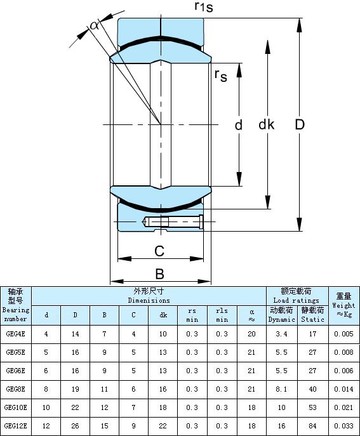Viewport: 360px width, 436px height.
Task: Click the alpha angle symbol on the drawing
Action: [95, 25]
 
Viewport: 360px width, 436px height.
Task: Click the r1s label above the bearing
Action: [204, 7]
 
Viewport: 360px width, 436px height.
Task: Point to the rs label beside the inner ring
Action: [220, 76]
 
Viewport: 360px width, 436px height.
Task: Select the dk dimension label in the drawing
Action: [267, 124]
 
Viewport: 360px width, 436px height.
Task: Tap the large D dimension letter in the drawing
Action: [300, 124]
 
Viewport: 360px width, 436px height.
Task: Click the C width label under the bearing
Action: [159, 251]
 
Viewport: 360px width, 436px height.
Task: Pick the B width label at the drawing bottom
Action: [160, 274]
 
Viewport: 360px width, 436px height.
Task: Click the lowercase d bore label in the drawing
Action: [239, 125]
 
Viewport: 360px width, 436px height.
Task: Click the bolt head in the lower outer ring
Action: [201, 221]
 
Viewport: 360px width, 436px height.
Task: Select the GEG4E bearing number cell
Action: [16, 334]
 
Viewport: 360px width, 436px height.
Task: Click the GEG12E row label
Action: [16, 426]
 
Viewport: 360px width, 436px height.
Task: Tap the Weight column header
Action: [344, 305]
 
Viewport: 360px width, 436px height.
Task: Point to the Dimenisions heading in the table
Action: [149, 300]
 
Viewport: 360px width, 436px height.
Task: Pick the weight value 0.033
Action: [344, 426]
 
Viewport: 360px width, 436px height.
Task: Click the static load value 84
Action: [313, 426]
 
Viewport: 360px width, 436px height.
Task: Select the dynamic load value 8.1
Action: [281, 389]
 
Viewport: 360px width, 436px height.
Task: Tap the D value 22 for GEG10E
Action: [75, 407]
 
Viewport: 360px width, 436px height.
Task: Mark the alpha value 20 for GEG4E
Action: [251, 334]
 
